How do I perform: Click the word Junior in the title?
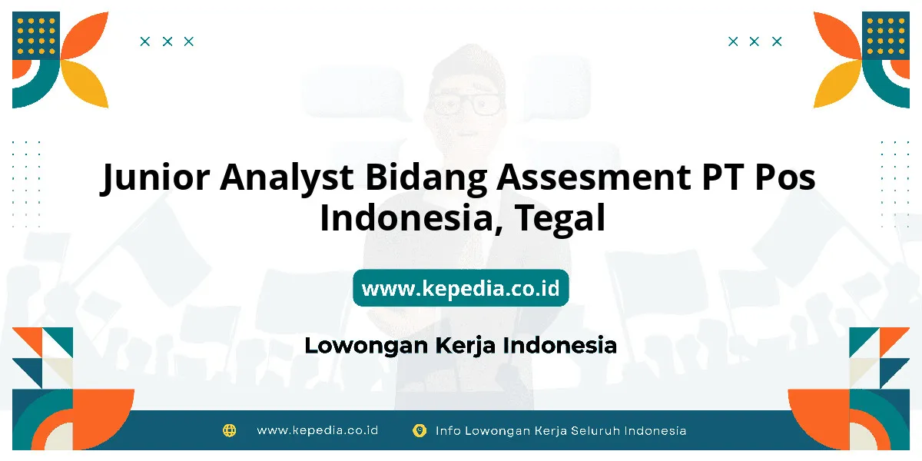coord(155,177)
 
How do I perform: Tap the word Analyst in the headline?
coord(287,178)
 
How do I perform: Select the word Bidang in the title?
coord(426,178)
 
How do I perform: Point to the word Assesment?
coord(593,177)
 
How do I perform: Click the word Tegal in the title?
coord(560,219)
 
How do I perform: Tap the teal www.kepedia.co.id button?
coord(461,288)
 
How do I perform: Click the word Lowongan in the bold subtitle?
coord(366,345)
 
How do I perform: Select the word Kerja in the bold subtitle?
coord(466,346)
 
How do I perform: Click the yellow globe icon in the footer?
coord(229,430)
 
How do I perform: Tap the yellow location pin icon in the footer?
coord(420,430)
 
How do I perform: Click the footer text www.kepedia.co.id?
coord(317,430)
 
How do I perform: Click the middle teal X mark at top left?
coord(167,41)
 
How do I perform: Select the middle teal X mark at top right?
coord(754,41)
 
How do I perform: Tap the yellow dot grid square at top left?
coord(36,36)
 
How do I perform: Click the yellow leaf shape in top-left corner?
coord(85,84)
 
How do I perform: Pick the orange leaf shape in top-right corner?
coord(837,36)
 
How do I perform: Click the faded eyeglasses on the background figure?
coord(466,104)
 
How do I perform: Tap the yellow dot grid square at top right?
coord(886,36)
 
